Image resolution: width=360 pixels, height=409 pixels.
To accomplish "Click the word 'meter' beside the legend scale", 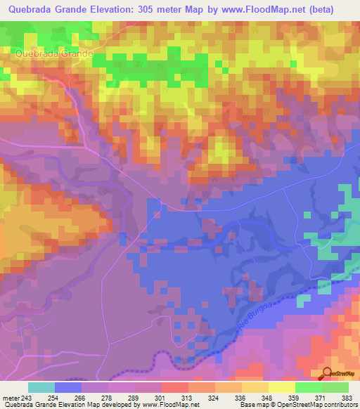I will (x=11, y=397).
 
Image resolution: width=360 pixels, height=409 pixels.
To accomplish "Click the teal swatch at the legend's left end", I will (x=41, y=387).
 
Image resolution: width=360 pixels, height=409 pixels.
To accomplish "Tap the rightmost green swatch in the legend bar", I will (x=335, y=387).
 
